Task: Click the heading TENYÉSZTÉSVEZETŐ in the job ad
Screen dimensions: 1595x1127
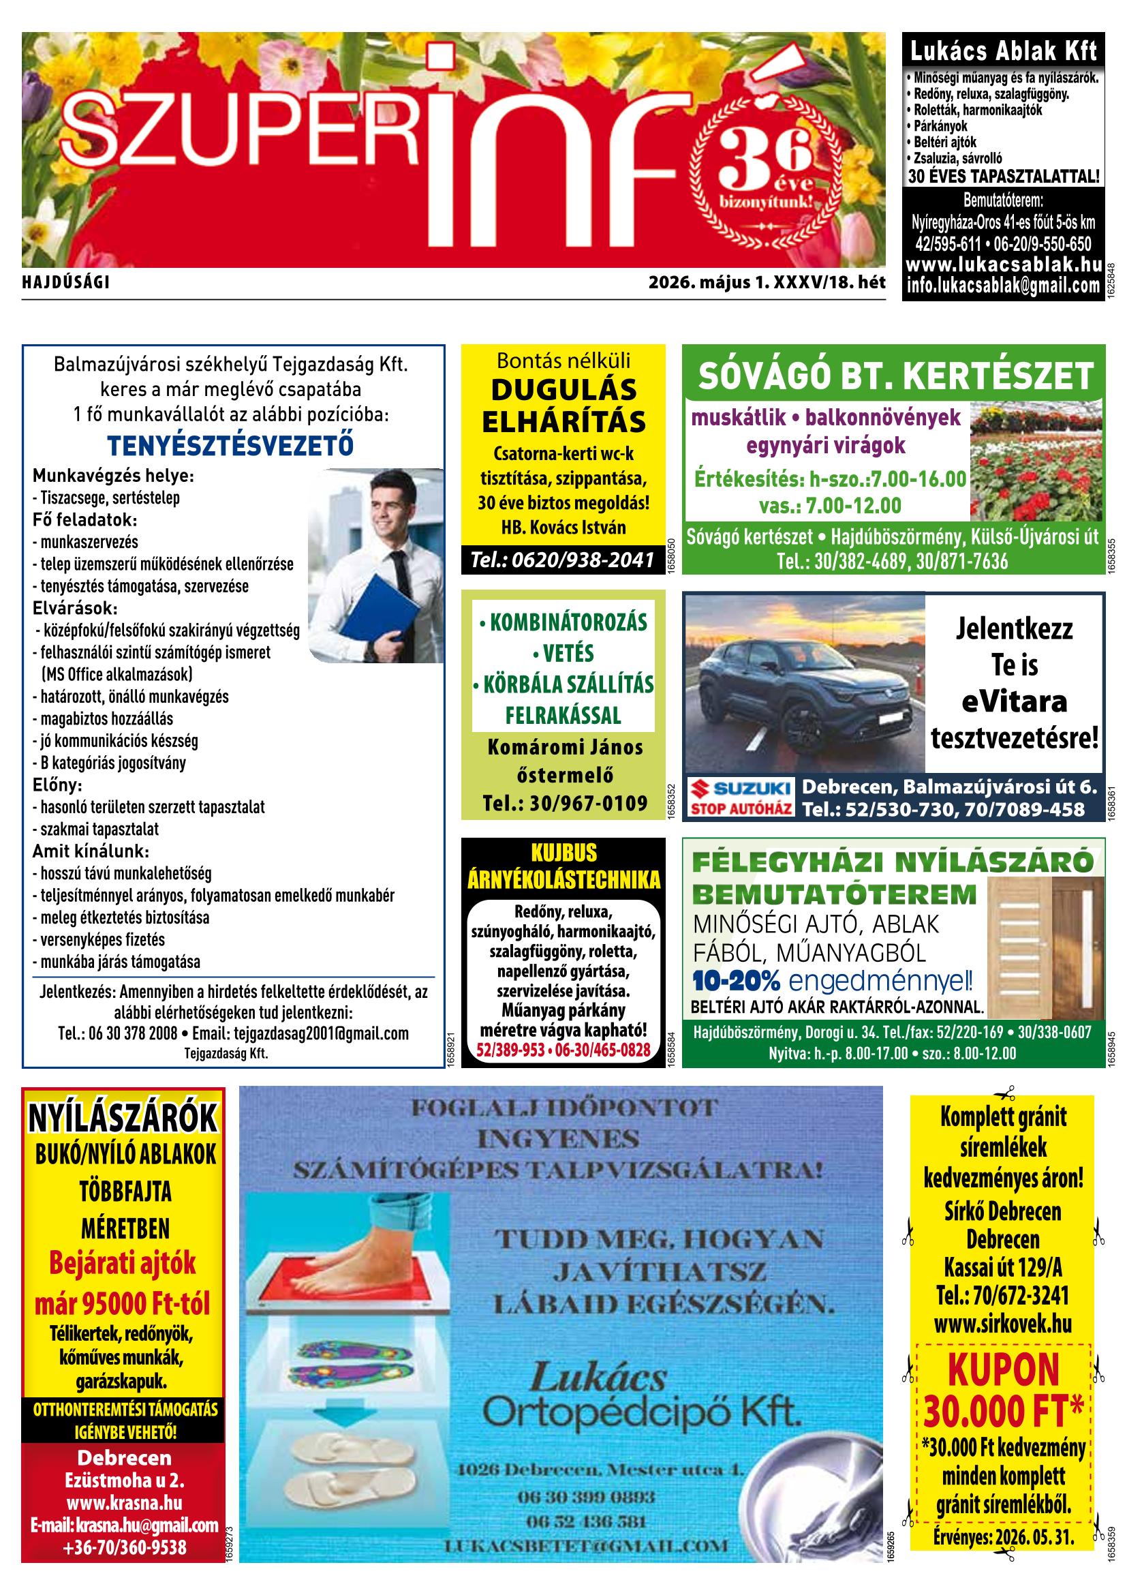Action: (230, 445)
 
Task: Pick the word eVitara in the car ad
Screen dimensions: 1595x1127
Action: (1014, 701)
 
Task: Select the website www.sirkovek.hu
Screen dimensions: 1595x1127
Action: (1003, 1324)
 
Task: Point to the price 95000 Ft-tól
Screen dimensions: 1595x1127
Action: (122, 1305)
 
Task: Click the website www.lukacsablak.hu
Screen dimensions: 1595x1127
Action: (1004, 264)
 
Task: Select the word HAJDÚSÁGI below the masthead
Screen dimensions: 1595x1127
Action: (67, 283)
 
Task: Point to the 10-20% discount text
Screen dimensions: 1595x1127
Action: (736, 982)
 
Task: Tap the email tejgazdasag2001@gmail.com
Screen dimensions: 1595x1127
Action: (321, 1033)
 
